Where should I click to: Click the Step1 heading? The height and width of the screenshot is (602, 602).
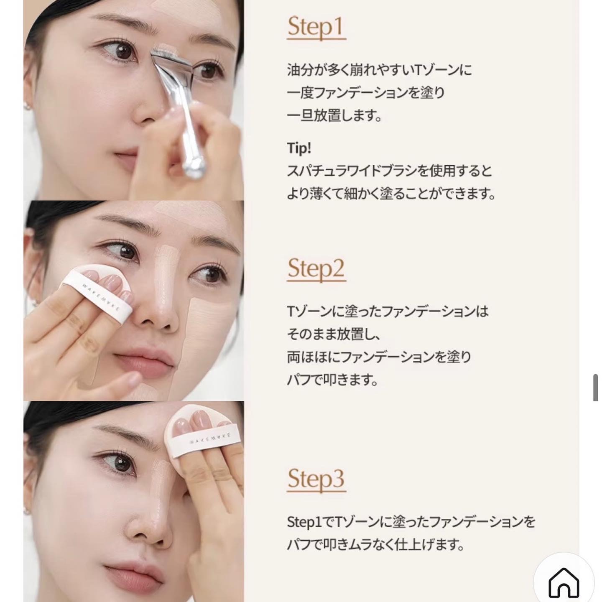tap(316, 27)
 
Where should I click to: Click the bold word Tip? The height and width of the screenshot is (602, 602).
tap(299, 148)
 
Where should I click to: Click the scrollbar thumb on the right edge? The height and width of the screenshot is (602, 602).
tap(595, 388)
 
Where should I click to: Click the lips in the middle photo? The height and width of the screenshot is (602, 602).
tap(144, 363)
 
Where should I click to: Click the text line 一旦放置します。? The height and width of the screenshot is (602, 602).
tap(334, 116)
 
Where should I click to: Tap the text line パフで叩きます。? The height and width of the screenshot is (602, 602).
tap(332, 380)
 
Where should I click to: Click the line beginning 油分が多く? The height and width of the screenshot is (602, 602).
tap(379, 70)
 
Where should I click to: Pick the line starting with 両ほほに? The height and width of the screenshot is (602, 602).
tap(379, 357)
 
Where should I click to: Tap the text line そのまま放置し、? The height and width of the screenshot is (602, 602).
tap(334, 334)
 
